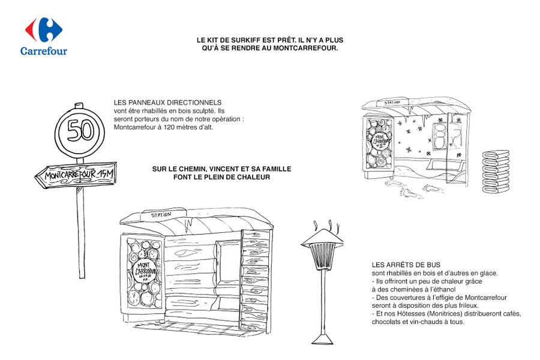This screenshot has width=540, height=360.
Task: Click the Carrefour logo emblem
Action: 44,29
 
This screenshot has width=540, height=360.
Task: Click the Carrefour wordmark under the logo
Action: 44,51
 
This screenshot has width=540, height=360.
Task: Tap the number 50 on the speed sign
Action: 80,131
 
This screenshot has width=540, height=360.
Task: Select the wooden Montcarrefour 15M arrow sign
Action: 76,175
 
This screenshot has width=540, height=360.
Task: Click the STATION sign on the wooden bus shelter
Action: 161,215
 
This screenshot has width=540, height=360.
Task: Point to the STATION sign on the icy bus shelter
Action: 392,103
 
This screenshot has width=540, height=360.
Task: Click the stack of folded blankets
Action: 496,171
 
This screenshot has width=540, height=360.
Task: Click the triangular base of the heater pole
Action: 323,340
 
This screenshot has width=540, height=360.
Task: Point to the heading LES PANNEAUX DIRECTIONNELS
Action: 168,103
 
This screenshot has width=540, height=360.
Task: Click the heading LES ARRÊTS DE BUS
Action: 406,265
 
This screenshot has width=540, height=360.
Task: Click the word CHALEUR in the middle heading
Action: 254,177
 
